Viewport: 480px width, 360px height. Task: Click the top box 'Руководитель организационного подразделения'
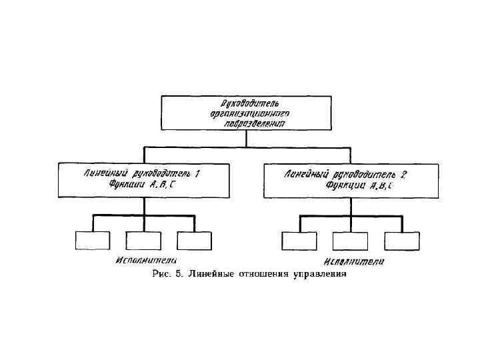point(246,113)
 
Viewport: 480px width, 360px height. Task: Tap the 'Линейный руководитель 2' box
point(351,179)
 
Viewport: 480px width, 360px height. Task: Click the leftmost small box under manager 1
point(92,240)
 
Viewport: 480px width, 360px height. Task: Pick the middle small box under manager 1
point(143,240)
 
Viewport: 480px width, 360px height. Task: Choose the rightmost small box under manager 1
point(194,240)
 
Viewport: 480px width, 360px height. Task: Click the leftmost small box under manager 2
point(299,241)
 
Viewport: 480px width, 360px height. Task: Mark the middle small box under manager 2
point(351,241)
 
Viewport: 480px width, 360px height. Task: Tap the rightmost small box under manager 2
point(402,241)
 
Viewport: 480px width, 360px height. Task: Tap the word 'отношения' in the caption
point(264,273)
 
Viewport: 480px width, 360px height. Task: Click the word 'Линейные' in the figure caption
point(211,273)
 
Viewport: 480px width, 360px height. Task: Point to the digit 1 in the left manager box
point(198,173)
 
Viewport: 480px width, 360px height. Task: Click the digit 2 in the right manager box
point(404,174)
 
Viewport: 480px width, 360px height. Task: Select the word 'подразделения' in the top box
point(246,123)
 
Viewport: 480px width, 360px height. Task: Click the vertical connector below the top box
point(246,138)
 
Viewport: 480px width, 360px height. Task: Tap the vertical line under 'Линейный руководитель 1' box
point(143,206)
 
